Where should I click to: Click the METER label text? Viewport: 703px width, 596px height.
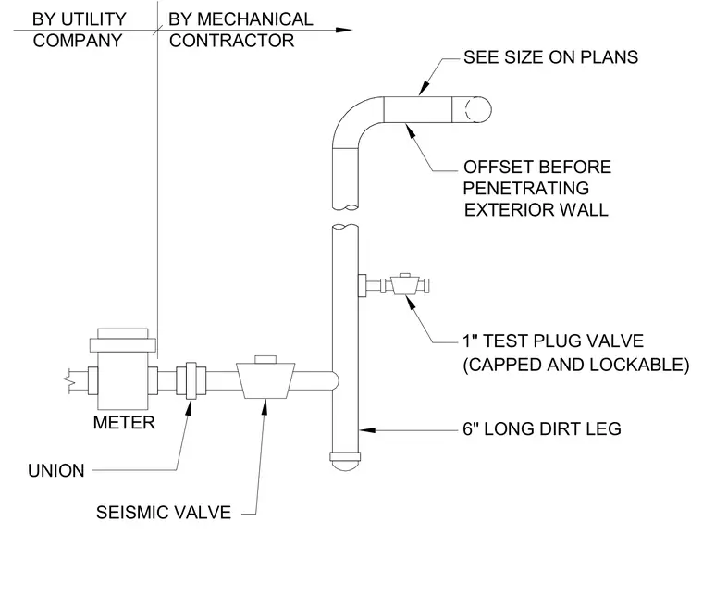pos(124,422)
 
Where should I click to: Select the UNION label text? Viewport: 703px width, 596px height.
pos(56,470)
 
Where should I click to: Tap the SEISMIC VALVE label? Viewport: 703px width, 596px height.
pos(163,512)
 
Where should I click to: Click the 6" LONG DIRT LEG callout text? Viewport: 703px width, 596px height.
pos(542,428)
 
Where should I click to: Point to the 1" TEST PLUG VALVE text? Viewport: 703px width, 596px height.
pos(553,341)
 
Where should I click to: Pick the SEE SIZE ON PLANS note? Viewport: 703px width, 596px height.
pos(550,57)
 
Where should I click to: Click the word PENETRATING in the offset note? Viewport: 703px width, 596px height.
pos(525,188)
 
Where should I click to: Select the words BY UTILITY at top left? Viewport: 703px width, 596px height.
pos(79,19)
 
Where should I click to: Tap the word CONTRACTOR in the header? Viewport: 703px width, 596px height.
pos(231,41)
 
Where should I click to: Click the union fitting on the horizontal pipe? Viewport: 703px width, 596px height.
pos(191,380)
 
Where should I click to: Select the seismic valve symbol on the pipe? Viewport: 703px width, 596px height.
pos(265,377)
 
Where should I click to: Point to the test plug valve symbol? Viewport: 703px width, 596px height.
pos(405,284)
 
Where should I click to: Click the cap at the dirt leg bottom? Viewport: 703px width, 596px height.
pos(345,462)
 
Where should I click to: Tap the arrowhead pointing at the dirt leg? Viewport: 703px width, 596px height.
pos(367,430)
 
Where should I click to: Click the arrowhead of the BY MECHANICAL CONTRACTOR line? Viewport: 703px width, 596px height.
pos(344,30)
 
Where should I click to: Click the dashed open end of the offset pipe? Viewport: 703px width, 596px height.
pos(472,109)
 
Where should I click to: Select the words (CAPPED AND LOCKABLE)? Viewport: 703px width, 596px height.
pos(575,364)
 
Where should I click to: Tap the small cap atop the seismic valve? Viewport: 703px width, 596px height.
pos(265,359)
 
